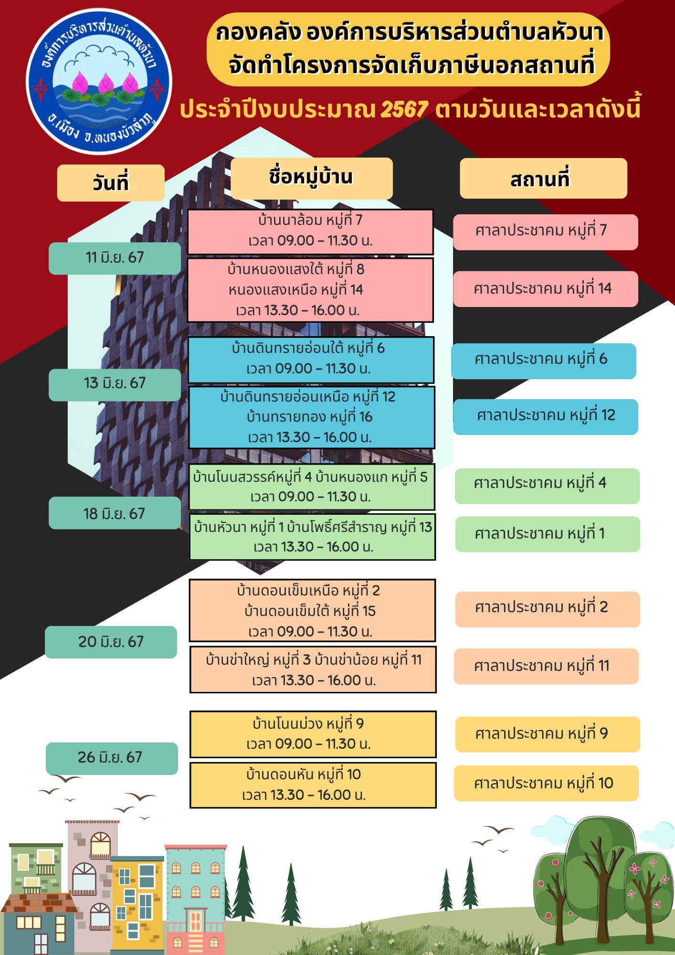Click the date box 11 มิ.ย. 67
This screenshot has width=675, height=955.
click(115, 258)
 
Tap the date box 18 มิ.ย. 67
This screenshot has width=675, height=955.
click(115, 513)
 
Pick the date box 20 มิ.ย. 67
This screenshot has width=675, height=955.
click(111, 642)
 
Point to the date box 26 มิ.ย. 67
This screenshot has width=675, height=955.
click(112, 758)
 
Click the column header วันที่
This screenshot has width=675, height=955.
click(111, 183)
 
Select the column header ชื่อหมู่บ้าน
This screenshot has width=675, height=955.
click(311, 178)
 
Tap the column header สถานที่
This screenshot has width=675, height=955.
click(543, 179)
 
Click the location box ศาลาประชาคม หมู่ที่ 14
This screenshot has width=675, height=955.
click(545, 289)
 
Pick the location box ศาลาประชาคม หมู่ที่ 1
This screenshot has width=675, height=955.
click(547, 534)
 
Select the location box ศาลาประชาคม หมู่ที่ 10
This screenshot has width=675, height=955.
click(546, 783)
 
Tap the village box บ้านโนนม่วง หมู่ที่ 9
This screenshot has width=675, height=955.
click(313, 734)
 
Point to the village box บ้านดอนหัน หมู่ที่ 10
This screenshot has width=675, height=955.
click(313, 785)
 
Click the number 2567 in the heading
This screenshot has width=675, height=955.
click(404, 109)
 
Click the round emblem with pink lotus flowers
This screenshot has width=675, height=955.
click(99, 82)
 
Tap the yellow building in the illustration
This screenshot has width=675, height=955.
click(137, 902)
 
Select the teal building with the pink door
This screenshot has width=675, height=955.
click(195, 898)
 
